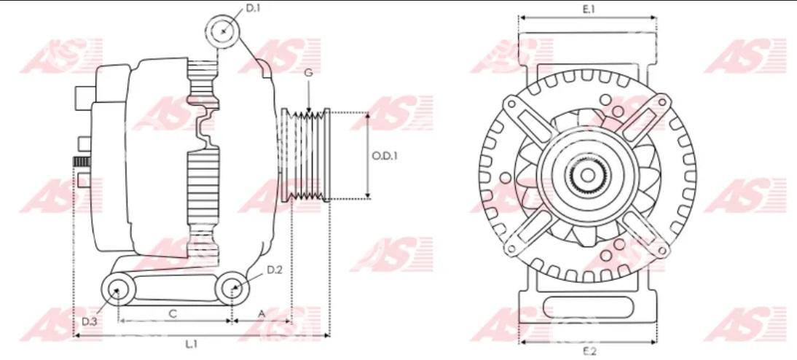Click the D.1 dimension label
click(x=253, y=8)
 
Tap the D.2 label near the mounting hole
click(x=275, y=270)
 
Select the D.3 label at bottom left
click(x=90, y=321)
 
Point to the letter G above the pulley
click(x=309, y=73)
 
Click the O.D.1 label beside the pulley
click(x=385, y=156)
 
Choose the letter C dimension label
click(x=173, y=314)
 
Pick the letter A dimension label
click(x=262, y=314)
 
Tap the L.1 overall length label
click(x=191, y=345)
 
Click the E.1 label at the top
click(x=589, y=9)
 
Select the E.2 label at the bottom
click(x=589, y=351)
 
